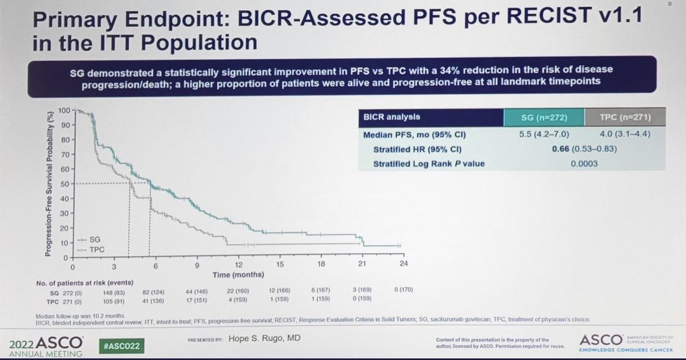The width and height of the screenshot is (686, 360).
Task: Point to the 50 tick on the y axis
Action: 65,183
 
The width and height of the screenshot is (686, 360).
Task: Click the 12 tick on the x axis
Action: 238,265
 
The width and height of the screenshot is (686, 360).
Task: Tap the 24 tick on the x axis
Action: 404,264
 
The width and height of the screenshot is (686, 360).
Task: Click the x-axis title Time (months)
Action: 238,274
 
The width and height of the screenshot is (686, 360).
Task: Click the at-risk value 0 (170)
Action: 404,290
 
